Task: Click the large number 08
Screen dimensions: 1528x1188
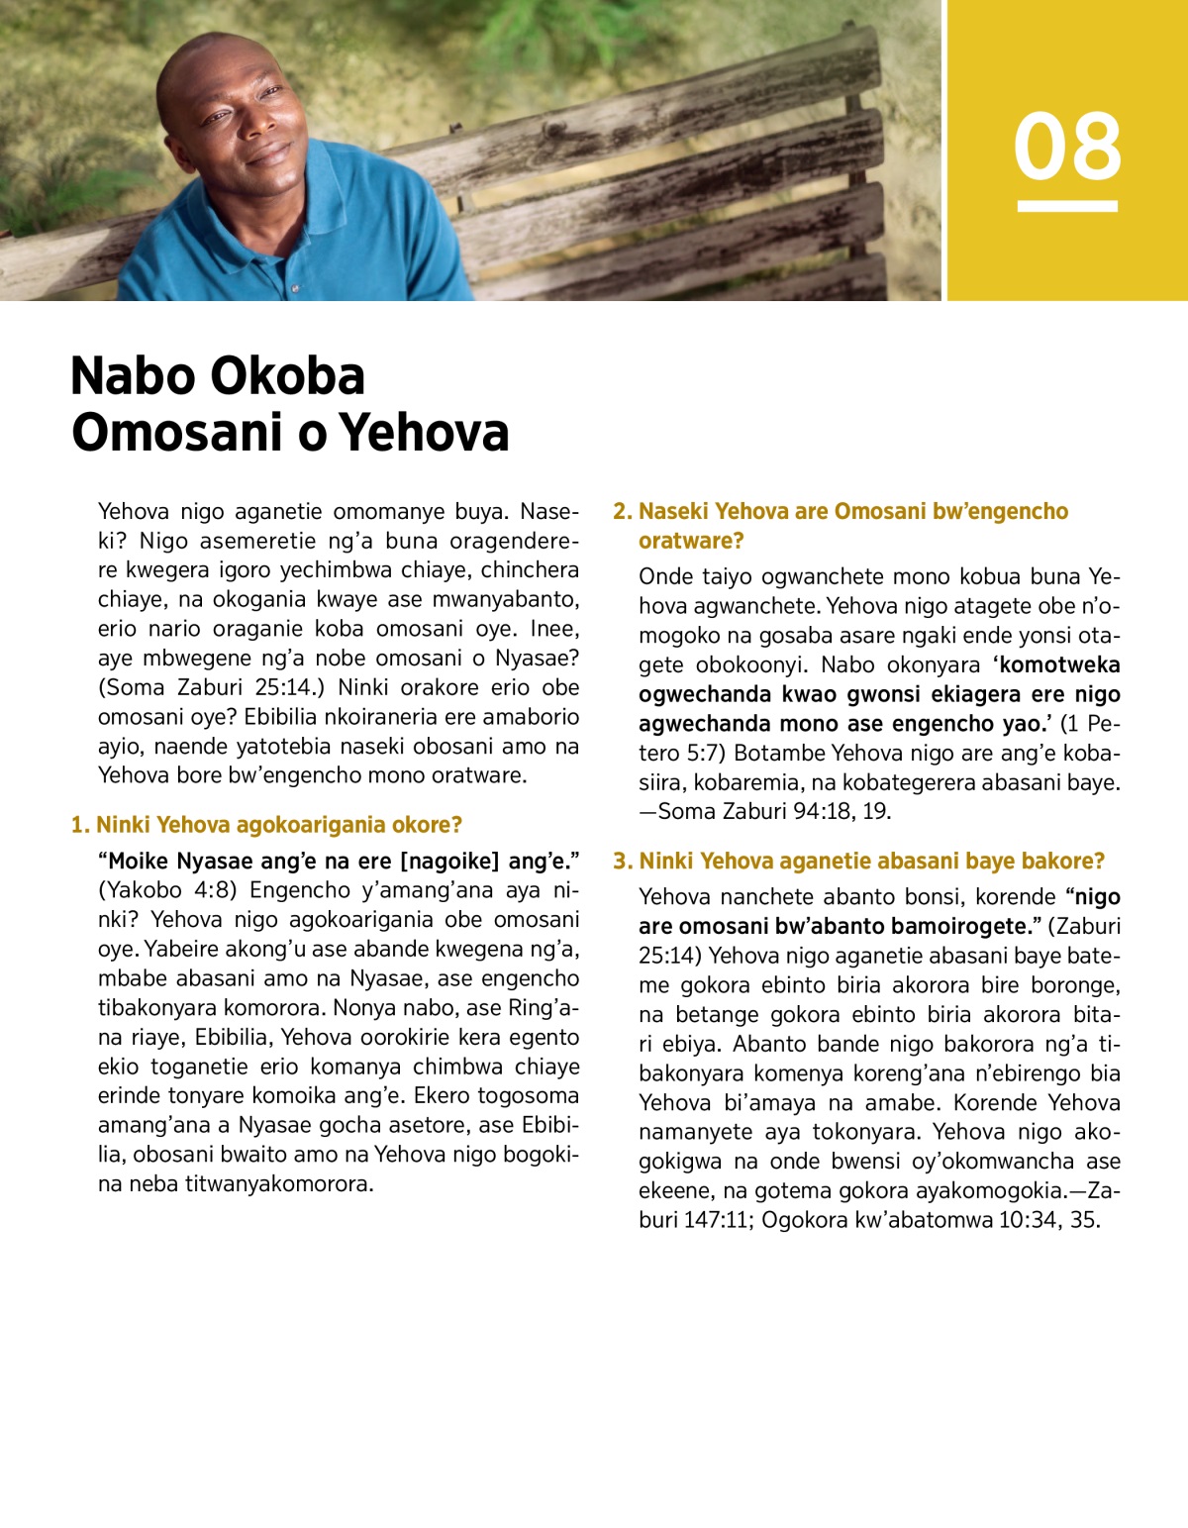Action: [x=1067, y=147]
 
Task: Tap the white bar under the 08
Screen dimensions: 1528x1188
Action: [x=1067, y=206]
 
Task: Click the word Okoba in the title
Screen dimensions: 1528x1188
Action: [x=288, y=376]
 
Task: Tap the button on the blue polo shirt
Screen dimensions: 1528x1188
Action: [x=294, y=288]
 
